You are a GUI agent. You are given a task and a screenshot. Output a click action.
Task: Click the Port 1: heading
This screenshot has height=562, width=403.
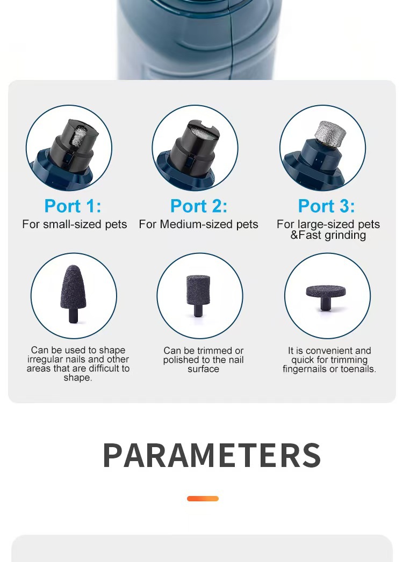tap(73, 206)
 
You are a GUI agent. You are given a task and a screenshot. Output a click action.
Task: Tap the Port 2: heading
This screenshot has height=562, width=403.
tap(199, 206)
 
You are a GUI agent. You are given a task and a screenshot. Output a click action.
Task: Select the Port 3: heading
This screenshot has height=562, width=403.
tap(327, 206)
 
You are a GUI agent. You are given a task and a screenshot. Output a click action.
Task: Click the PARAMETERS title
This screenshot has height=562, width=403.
tap(212, 456)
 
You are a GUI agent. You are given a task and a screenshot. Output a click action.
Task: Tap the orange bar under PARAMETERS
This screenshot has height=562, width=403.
tap(203, 499)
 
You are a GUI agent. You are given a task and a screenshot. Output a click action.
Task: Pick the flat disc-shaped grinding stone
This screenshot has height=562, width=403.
tap(326, 297)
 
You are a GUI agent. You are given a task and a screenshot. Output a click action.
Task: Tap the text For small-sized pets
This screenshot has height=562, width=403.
tap(75, 224)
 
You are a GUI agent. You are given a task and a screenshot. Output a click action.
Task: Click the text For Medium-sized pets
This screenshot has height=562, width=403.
tap(198, 224)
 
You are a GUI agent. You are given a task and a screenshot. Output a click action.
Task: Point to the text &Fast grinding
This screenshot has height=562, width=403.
tap(328, 235)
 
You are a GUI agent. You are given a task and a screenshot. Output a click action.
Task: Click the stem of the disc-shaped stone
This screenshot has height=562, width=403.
tap(326, 304)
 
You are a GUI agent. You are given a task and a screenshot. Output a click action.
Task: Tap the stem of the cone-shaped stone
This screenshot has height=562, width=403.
tap(74, 316)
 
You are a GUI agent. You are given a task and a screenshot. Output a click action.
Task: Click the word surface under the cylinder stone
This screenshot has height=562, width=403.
tap(203, 369)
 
